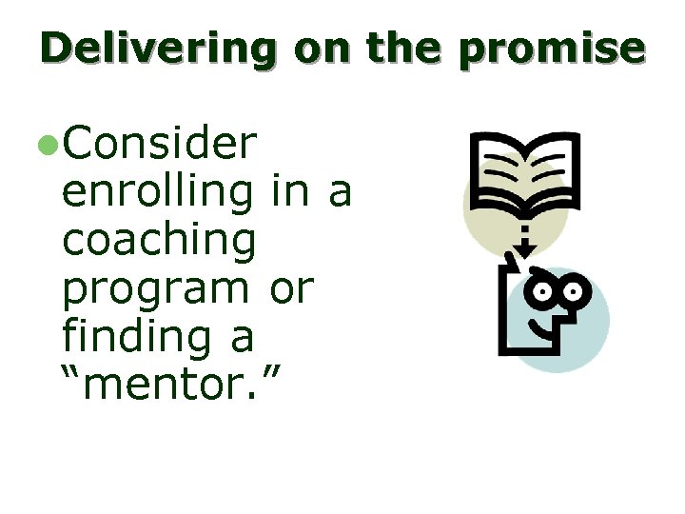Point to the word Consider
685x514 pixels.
pyautogui.click(x=159, y=145)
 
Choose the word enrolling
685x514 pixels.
pyautogui.click(x=159, y=192)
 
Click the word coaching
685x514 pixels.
pyautogui.click(x=159, y=240)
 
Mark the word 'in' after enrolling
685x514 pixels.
pyautogui.click(x=288, y=191)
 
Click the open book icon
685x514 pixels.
pyautogui.click(x=524, y=172)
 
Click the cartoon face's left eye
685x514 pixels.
pyautogui.click(x=546, y=293)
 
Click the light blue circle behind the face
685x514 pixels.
pyautogui.click(x=590, y=328)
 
